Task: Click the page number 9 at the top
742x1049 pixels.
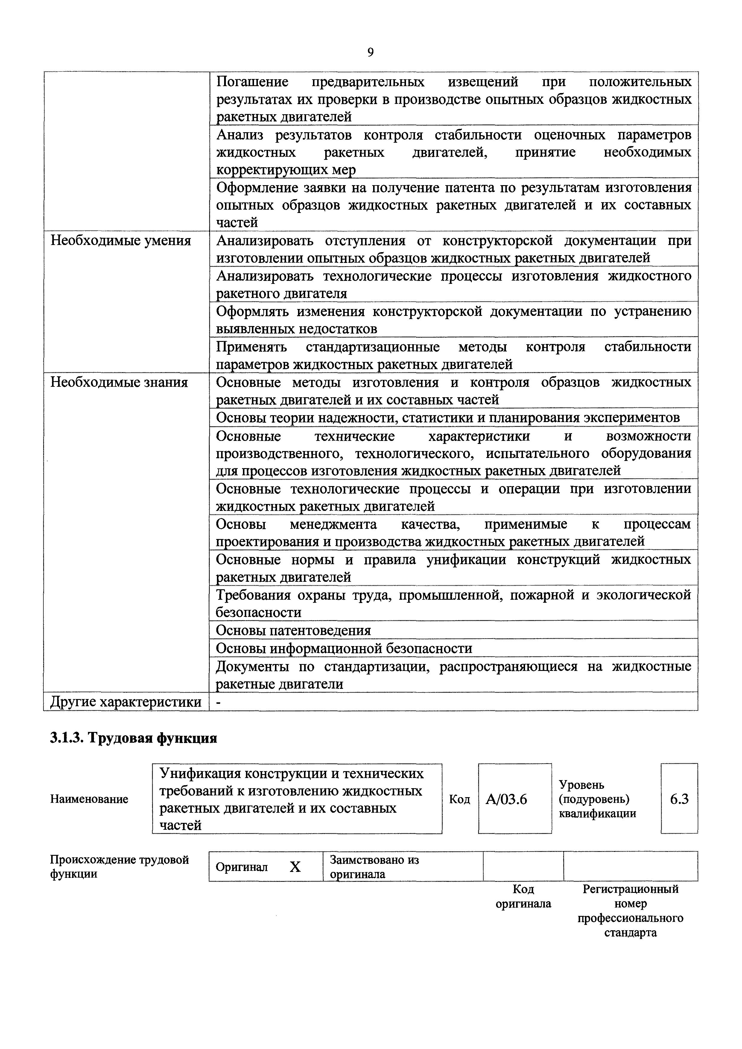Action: point(370,53)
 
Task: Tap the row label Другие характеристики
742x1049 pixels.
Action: point(126,702)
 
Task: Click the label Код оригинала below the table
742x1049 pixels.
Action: point(523,896)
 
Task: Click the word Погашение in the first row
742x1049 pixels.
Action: point(252,82)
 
